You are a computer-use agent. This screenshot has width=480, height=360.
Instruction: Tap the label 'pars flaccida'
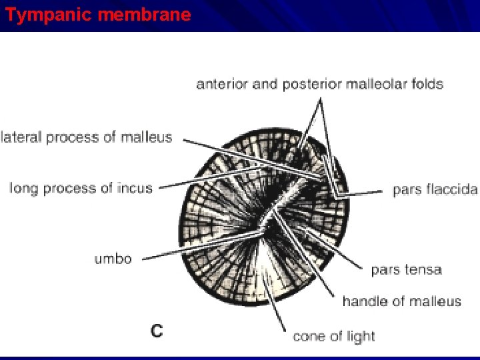[x=435, y=189]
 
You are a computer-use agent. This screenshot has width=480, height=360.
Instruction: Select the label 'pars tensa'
[x=406, y=270]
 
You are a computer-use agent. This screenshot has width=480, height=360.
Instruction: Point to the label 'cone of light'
[x=333, y=336]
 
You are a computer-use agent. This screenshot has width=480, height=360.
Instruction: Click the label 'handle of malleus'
[x=401, y=301]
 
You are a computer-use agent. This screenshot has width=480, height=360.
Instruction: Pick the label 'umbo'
[x=113, y=259]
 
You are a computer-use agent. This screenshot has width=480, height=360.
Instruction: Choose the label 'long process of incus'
[x=81, y=188]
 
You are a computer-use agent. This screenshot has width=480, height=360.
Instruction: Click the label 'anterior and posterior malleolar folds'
[x=319, y=84]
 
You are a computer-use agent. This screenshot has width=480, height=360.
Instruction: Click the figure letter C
[x=157, y=331]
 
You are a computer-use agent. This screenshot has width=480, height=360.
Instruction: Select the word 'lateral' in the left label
[x=21, y=138]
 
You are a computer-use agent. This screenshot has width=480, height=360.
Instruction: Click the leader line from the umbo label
[x=200, y=247]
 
